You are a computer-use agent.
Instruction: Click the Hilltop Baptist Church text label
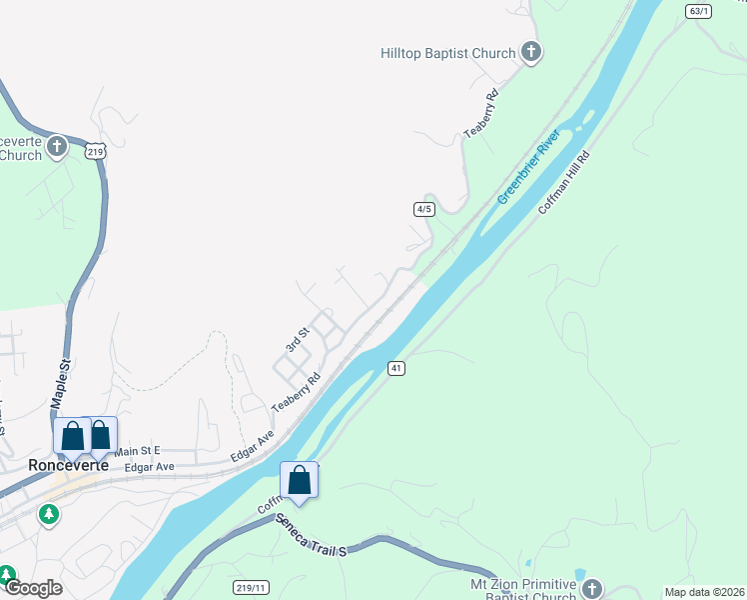[x=447, y=53]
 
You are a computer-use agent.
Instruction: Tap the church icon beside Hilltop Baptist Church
[x=531, y=52]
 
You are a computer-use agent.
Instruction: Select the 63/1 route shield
[x=699, y=11]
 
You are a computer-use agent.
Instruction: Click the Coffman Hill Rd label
[x=564, y=183]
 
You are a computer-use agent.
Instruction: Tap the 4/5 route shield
[x=424, y=209]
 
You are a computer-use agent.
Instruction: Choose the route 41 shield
[x=396, y=369]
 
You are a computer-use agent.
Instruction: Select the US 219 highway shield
[x=95, y=151]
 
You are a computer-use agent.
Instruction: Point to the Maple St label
[x=60, y=382]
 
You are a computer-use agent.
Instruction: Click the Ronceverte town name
[x=61, y=465]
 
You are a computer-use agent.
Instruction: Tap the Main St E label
[x=137, y=452]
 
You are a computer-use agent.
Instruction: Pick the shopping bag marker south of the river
[x=299, y=480]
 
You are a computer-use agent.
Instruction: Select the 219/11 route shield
[x=251, y=587]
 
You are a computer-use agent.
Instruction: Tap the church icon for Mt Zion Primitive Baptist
[x=593, y=588]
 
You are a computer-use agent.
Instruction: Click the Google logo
[x=32, y=589]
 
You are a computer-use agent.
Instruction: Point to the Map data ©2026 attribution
[x=703, y=592]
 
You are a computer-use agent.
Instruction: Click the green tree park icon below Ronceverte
[x=48, y=514]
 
